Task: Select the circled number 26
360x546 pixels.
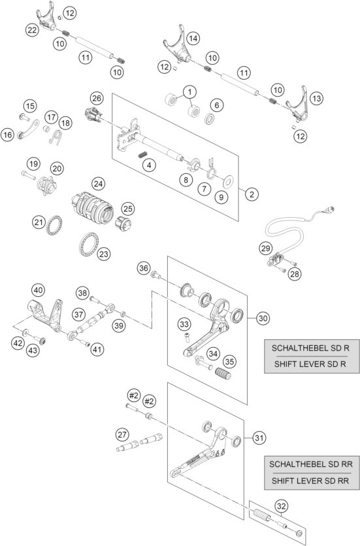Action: coord(97,98)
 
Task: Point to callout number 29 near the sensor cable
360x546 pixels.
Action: coord(265,248)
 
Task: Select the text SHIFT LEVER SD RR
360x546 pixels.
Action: coord(305,481)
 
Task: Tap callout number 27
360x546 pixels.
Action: coord(122,434)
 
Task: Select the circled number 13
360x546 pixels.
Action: coord(316,98)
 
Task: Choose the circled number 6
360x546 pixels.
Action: coord(216,103)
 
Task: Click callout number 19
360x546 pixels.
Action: coord(33,163)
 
